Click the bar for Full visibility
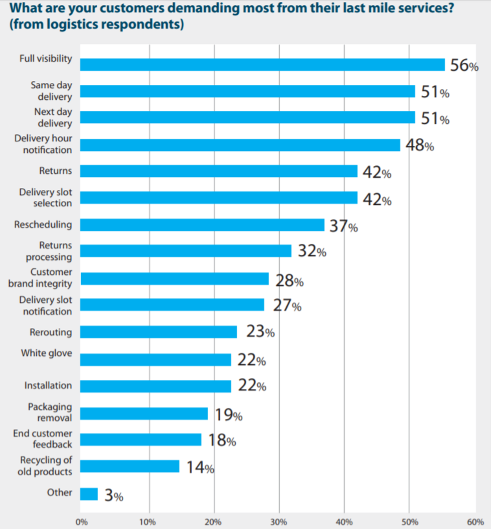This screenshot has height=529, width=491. coord(262,64)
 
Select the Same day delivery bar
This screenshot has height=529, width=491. coord(247,91)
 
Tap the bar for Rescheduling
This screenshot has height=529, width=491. coord(202,225)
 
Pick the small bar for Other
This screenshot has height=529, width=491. coord(89,494)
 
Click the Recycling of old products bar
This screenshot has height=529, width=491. coord(130,466)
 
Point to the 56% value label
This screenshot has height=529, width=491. coord(464,65)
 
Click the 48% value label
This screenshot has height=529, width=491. coord(420,145)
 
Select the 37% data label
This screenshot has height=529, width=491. coord(344,226)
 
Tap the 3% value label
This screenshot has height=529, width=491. coord(114,495)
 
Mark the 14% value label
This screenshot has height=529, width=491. coord(201,467)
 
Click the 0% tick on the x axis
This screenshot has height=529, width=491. coord(82,522)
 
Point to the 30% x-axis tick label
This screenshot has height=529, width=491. coord(279,522)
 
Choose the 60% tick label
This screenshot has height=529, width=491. coord(475,522)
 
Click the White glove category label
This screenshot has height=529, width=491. coord(47,353)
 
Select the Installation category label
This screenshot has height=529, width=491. coord(48,385)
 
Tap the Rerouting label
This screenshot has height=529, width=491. coord(51,333)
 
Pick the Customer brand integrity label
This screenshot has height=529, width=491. coord(40,277)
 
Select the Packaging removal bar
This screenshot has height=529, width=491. coord(144,414)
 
